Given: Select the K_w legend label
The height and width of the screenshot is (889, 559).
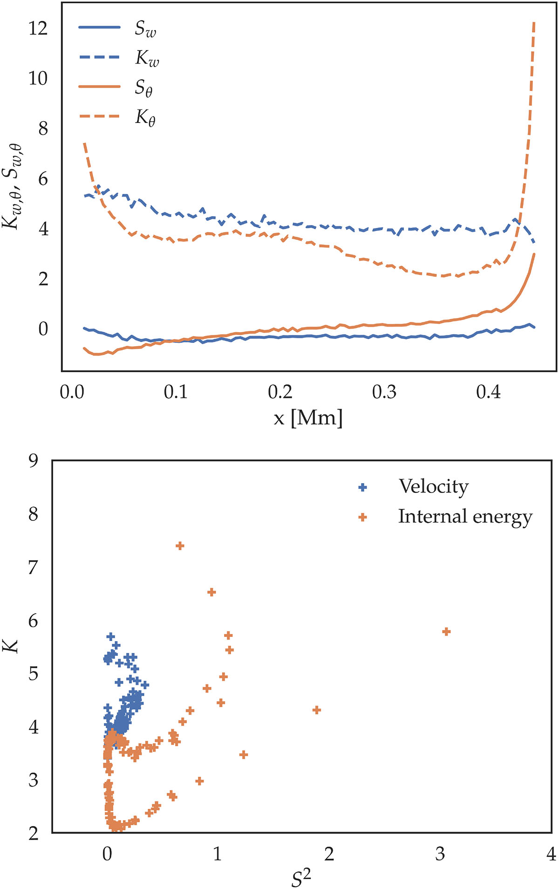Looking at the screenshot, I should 147,58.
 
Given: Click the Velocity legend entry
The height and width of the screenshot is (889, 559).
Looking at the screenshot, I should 433,486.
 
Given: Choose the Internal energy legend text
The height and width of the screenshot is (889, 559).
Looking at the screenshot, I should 465,517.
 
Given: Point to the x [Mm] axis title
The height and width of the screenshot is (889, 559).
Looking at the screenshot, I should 308,418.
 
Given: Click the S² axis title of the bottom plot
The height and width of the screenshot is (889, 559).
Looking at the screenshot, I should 301,878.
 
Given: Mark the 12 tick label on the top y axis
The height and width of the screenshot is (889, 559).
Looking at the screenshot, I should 38,29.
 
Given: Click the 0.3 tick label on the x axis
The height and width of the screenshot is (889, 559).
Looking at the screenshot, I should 384,392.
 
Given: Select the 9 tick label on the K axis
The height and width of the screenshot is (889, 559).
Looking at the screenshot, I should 33,461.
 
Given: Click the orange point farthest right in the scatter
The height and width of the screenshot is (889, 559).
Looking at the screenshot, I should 446,632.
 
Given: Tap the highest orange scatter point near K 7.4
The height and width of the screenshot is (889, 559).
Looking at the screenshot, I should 180,546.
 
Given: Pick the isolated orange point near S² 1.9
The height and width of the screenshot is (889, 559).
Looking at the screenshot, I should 317,710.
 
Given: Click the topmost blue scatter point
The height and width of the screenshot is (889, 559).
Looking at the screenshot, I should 110,636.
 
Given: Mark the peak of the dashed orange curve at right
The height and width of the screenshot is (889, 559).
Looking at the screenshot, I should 534,22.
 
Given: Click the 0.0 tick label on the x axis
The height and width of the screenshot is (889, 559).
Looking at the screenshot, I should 72,392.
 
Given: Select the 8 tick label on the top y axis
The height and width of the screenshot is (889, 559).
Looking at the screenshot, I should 43,129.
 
